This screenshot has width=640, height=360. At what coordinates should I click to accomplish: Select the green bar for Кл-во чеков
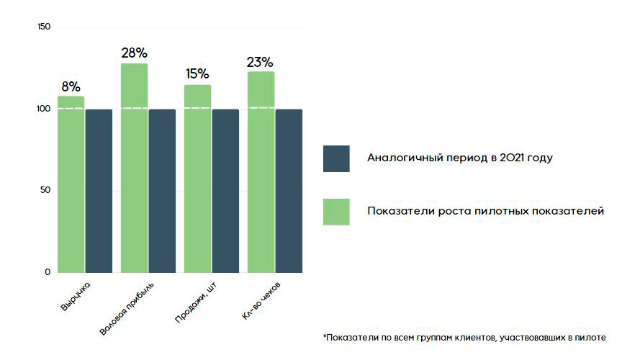[261, 172]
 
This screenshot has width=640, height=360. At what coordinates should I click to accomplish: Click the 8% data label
[71, 86]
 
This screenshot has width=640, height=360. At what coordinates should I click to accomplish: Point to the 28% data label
[134, 53]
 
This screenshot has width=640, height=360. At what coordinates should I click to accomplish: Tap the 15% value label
[197, 73]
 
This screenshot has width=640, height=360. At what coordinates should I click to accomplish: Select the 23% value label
[261, 61]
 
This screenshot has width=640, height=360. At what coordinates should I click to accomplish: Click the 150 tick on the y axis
[43, 27]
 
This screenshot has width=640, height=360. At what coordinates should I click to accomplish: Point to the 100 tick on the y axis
[43, 109]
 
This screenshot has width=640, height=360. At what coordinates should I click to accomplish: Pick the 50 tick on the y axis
[45, 191]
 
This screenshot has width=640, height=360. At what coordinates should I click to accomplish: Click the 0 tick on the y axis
[48, 272]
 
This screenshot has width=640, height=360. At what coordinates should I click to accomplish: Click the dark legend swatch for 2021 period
[336, 158]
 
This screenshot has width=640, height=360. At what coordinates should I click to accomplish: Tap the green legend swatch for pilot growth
[336, 212]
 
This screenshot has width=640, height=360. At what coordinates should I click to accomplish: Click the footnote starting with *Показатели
[464, 337]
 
